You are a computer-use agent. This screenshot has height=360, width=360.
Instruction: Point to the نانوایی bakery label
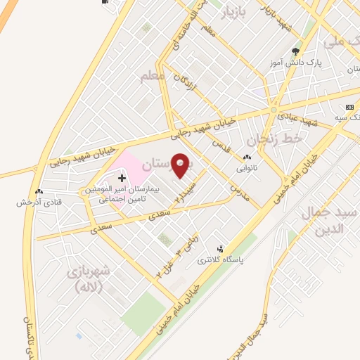(247, 169)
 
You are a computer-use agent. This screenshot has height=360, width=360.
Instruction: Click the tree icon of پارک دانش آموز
(296, 51)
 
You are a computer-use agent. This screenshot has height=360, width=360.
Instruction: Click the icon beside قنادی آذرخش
(38, 191)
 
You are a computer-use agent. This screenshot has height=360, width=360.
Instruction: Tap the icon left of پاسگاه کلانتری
(221, 250)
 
